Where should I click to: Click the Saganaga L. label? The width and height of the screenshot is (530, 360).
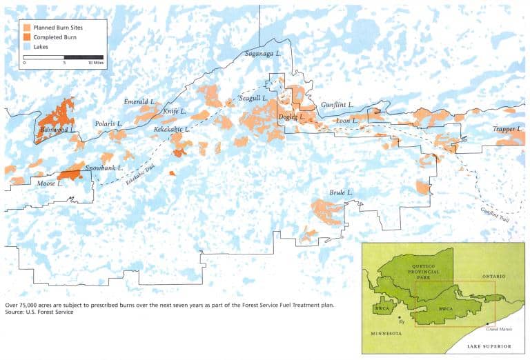263,53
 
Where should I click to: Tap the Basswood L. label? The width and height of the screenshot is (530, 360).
57,130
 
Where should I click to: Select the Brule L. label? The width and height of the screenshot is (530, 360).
341,192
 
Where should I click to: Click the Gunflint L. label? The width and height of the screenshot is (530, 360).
337,105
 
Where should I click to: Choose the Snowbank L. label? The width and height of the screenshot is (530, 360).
104,168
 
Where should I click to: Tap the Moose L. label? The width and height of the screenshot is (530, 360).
50,183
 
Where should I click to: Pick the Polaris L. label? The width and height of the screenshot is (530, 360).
109,123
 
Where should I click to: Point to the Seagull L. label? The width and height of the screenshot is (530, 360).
253,99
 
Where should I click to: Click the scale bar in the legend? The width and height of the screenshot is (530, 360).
63,57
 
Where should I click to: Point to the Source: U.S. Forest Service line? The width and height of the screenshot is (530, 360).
39,312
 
